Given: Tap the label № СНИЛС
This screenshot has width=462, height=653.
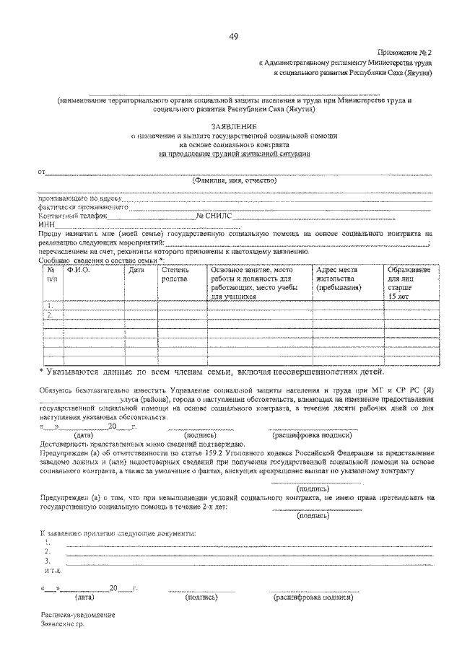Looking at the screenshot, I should pos(214,215).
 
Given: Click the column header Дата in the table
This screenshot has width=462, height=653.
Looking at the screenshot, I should pos(136,270).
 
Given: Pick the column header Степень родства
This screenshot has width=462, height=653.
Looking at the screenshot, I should pos(175,274).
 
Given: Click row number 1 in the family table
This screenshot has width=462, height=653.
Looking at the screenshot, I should pos(48,305).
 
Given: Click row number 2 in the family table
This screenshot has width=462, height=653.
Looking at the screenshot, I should pos(48,315).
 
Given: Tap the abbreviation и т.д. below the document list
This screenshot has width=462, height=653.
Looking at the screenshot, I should pos(49,569).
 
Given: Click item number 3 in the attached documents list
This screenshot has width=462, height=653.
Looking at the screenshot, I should pos(48,560).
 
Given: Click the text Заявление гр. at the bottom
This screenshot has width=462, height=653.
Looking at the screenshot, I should pos(62,623).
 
